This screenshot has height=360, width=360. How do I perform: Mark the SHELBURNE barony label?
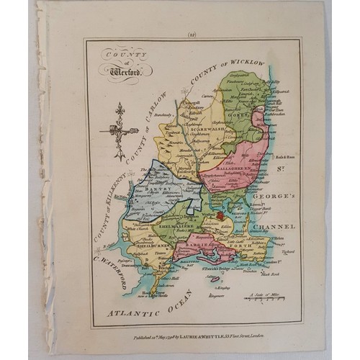tap(140, 243)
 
